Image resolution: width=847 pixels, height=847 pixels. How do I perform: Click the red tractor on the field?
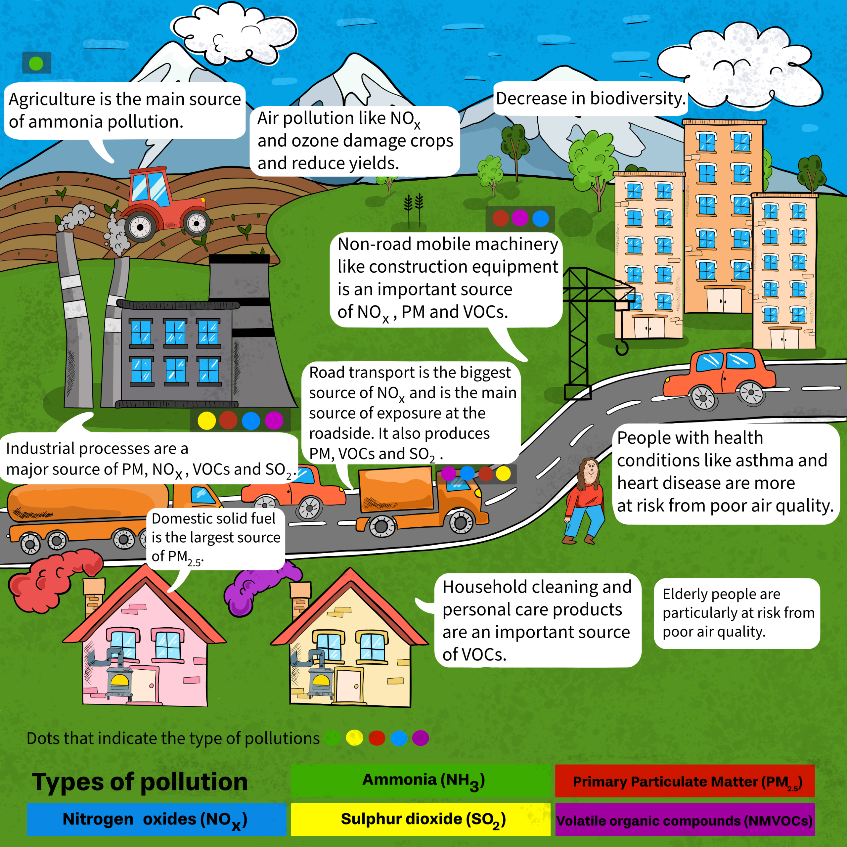coord(164,204)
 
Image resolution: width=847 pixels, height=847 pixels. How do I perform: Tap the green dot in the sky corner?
coord(36,64)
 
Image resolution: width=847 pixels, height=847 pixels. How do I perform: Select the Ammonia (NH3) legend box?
coord(421,781)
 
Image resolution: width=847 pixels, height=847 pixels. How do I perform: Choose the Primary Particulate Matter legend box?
coord(685,781)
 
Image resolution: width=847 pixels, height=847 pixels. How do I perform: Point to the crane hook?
coord(621,348)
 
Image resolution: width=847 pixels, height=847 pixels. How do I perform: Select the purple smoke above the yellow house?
coord(259,588)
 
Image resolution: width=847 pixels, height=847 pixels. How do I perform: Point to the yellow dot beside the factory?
coord(206,421)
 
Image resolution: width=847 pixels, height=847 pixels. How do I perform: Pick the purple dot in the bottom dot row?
coord(421,738)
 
